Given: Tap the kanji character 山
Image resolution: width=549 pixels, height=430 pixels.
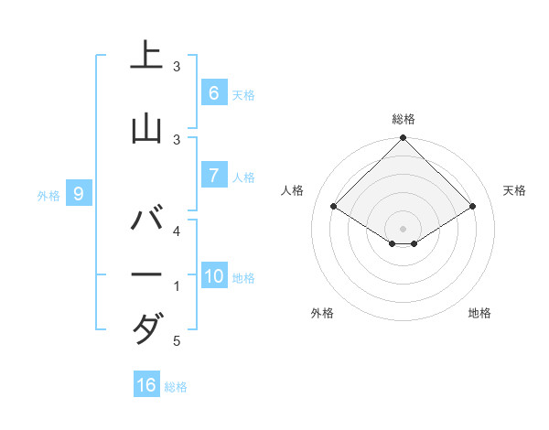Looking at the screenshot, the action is coord(146,128).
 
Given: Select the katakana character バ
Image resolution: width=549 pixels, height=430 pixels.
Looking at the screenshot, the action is coord(146,220).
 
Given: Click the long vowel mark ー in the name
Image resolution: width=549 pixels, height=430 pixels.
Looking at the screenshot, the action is coord(146,274).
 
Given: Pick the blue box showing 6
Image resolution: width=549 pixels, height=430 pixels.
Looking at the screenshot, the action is coord(213,92).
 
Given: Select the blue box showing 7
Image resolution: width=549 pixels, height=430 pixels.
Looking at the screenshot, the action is coord(213,176).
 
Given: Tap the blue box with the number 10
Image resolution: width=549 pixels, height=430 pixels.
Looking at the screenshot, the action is coord(214,276).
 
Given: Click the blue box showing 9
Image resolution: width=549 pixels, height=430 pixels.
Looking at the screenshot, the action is coord(80,193).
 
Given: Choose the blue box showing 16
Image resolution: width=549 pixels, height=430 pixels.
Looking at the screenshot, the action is coord(146,385).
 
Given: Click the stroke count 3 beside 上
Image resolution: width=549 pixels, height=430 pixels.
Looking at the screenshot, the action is coord(177,67).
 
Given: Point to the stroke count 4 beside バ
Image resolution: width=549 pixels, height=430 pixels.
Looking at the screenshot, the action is coord(177,231).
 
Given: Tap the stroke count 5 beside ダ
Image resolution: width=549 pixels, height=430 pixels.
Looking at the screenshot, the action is coord(177,341).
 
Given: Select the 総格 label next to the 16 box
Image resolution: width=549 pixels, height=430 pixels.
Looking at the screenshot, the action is coord(176,387).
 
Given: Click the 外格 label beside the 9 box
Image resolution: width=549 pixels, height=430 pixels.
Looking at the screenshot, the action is coord(48,195).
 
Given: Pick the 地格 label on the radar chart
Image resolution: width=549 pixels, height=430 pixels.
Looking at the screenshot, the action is coord(479,313).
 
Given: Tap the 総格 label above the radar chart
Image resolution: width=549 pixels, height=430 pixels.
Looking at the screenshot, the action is coord(404,119).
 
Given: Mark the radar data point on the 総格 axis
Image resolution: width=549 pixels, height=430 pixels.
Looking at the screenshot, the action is coord(403,139).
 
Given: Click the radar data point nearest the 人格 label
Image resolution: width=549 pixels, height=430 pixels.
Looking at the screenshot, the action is coord(334,206).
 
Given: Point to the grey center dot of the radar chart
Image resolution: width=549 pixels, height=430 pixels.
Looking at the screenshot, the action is coord(403,228).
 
